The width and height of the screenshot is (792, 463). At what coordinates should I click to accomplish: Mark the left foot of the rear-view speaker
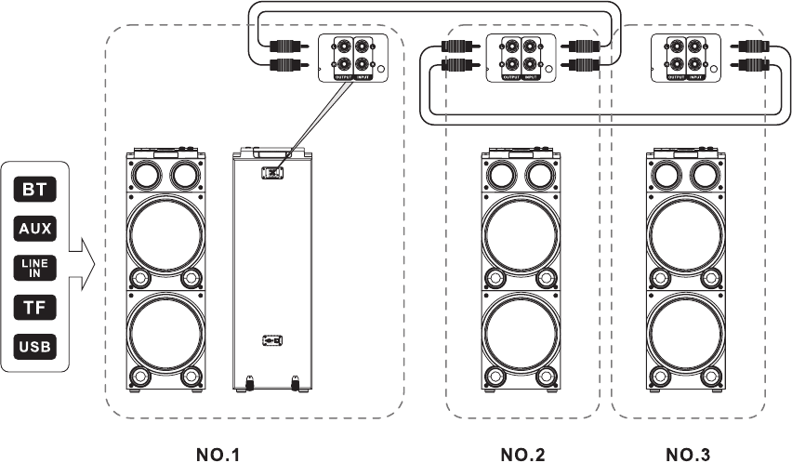click(250, 379)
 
